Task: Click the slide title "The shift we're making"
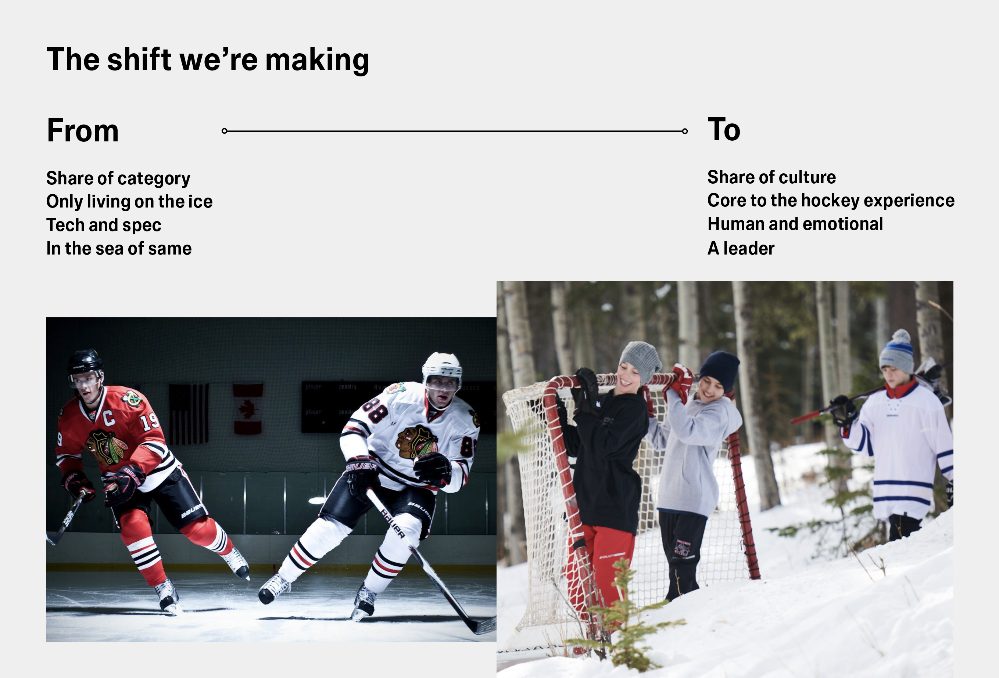click(208, 60)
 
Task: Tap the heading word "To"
click(724, 129)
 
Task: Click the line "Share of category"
click(118, 178)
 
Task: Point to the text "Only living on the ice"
click(129, 202)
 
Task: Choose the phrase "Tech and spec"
click(104, 225)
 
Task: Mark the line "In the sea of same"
click(119, 248)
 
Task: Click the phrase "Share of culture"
click(771, 177)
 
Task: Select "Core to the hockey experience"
click(831, 201)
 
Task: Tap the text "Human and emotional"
click(795, 224)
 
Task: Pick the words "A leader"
click(741, 248)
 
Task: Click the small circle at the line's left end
click(224, 131)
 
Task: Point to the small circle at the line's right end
click(685, 131)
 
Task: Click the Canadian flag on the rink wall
click(248, 409)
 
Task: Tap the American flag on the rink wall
click(189, 413)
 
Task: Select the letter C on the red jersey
click(108, 417)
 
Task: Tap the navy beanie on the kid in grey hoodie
click(720, 369)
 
